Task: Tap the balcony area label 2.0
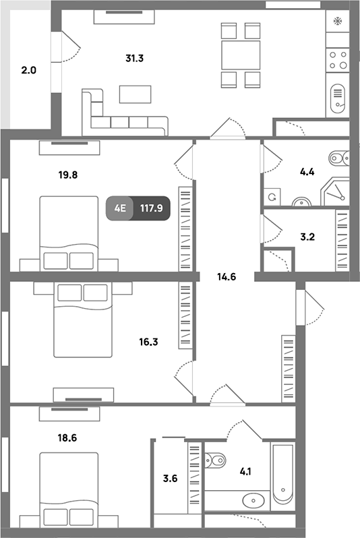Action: coord(28,70)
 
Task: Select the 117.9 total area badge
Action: coord(150,208)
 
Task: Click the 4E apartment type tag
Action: coord(119,208)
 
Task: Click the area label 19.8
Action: coord(67,175)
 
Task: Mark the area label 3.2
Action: coord(307,237)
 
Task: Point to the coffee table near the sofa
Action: coord(136,94)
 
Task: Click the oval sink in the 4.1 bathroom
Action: coord(253,500)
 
